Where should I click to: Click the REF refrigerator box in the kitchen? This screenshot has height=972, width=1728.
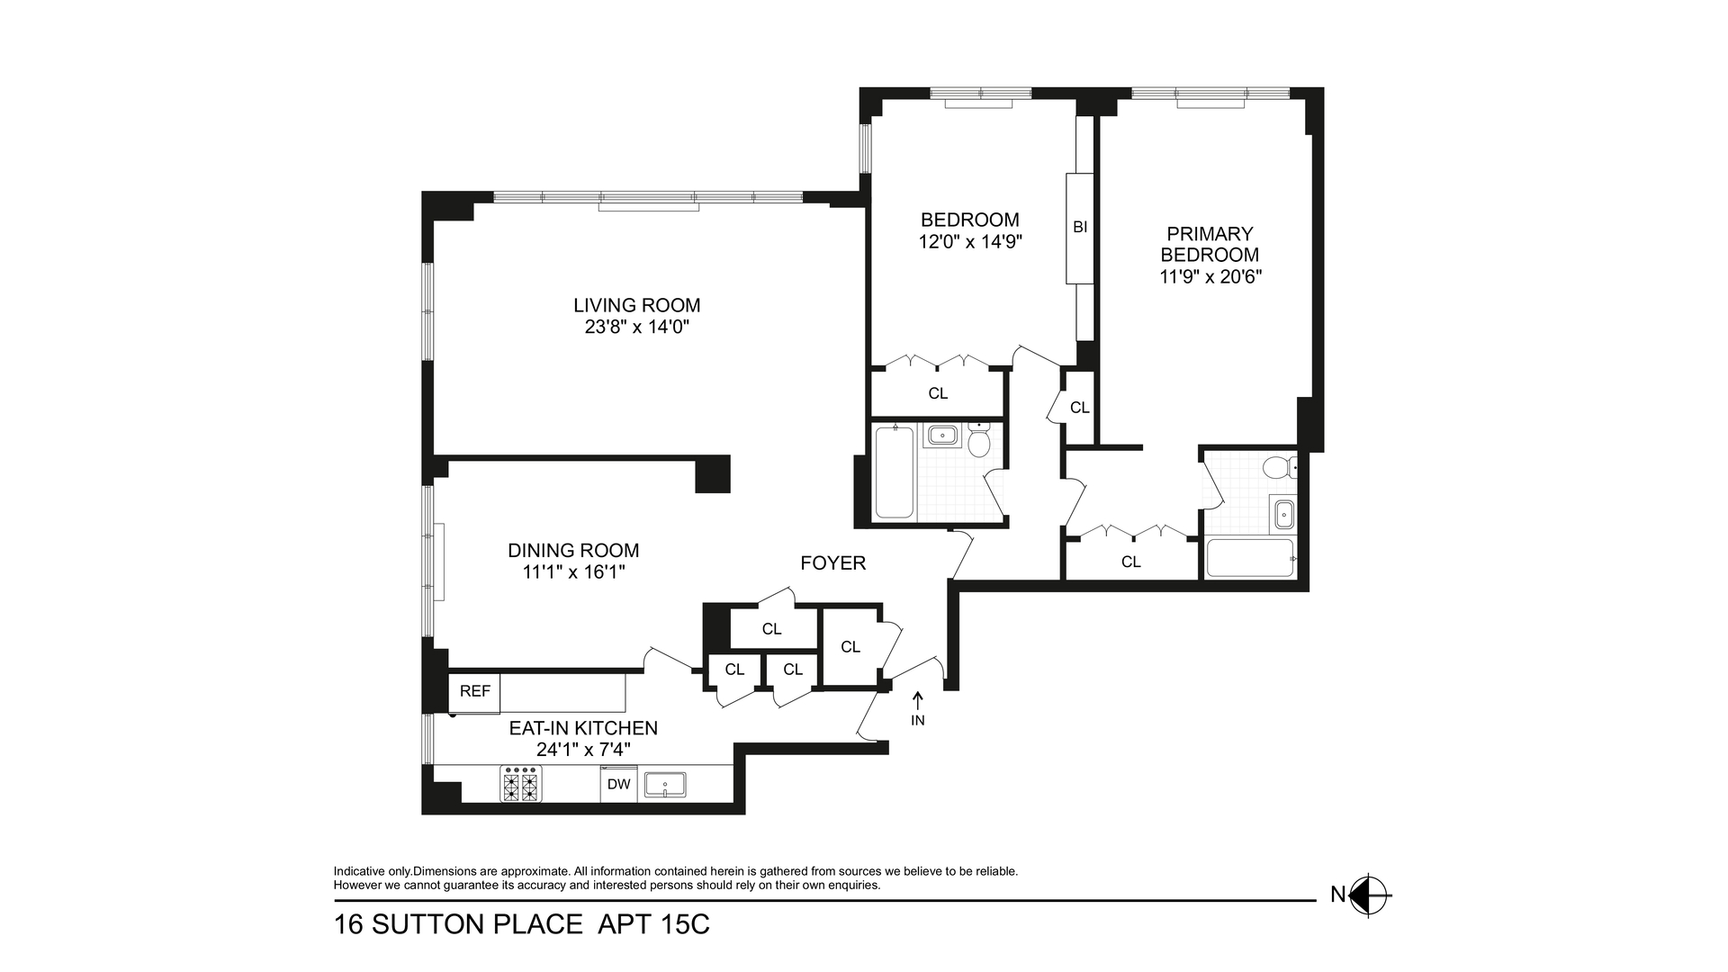coord(474,691)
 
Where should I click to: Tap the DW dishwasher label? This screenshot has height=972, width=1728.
coord(618,784)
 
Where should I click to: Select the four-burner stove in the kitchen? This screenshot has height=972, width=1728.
coord(520,784)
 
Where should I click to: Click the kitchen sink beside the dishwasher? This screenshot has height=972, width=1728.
coord(665,785)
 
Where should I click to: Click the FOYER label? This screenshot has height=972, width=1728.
coord(832,563)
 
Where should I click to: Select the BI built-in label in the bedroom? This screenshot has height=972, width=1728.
coord(1080,228)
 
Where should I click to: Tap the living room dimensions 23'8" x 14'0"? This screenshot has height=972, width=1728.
coord(637,328)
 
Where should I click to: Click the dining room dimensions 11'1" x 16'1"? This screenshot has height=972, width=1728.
coord(573,572)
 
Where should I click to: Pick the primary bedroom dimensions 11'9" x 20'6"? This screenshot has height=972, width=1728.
coord(1210,277)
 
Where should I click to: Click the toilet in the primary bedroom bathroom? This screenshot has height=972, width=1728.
coord(1277,467)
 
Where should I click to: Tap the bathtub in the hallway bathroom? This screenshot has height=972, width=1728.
coord(894,472)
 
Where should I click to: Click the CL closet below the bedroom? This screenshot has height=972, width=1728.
coord(937,393)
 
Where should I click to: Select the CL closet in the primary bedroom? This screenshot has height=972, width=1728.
coord(1130,562)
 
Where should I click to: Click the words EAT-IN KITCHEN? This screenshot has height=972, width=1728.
coord(583,728)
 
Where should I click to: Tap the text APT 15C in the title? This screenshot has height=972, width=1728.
coord(654,924)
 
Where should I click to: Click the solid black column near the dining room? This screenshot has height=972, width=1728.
coord(712,474)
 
